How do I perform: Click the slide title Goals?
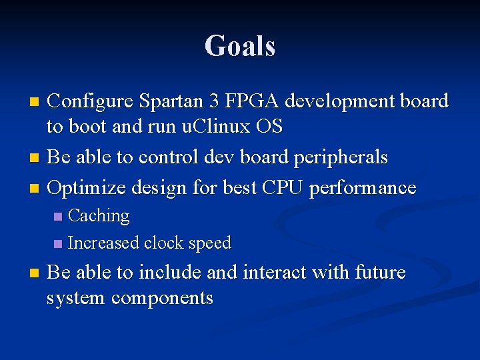click(240, 47)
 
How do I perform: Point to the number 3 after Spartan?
click(213, 101)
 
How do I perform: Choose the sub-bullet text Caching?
click(99, 216)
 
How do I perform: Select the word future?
click(380, 273)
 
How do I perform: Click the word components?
click(162, 298)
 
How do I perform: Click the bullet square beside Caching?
click(58, 217)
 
